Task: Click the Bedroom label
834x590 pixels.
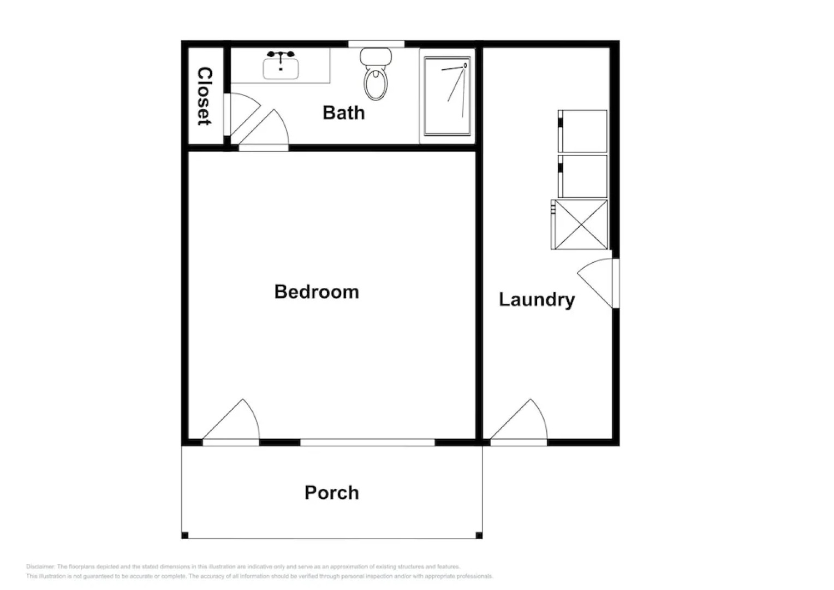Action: [317, 292]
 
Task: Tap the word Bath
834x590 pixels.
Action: [343, 113]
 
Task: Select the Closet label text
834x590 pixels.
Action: [204, 96]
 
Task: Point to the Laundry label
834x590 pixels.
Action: [537, 299]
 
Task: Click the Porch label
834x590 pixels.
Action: [331, 493]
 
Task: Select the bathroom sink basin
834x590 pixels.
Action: [281, 69]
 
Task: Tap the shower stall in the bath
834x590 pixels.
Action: [447, 96]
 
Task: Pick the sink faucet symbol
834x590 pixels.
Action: [281, 55]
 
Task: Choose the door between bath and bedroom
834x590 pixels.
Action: [265, 131]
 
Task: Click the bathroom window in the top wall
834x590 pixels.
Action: [376, 44]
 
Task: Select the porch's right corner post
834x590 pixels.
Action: [479, 535]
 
